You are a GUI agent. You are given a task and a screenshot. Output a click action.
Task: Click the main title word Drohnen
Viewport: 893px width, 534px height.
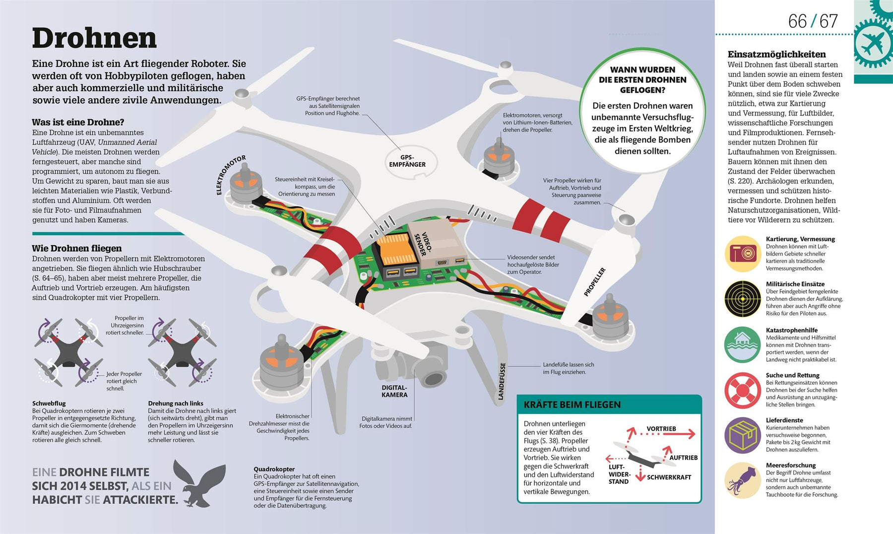pos(94,38)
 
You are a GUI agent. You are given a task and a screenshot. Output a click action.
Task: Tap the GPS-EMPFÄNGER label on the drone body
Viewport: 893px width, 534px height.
pos(407,161)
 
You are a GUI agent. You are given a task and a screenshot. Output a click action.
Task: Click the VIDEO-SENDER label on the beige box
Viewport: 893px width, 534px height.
pos(424,243)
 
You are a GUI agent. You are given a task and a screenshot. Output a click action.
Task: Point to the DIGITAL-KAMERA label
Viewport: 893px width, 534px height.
pos(394,391)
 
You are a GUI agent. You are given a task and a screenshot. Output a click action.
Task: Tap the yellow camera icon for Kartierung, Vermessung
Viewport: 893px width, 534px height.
pos(742,254)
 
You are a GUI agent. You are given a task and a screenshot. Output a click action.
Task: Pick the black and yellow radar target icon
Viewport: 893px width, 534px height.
pos(742,299)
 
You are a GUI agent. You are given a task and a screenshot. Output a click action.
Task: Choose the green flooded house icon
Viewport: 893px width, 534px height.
pos(742,344)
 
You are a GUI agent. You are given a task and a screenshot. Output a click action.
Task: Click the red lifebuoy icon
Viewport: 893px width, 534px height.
pos(742,390)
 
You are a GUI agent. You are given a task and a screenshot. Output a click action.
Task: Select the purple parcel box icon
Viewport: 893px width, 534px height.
pos(742,435)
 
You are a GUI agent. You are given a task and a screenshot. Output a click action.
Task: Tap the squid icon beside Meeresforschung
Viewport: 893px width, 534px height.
pos(742,480)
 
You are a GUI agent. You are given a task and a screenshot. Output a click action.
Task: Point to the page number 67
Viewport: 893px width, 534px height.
pos(828,21)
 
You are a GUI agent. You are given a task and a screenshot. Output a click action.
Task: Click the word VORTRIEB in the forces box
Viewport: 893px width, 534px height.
pos(661,429)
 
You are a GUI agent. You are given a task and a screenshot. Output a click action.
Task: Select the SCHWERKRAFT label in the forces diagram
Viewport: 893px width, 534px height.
pos(669,477)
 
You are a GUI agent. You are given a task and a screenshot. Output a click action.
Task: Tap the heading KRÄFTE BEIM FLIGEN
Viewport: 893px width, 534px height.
pos(572,404)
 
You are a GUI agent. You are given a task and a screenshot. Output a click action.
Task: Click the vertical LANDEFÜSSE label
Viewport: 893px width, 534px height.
pos(502,381)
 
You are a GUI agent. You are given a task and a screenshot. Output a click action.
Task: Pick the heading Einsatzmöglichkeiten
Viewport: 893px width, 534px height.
pos(776,55)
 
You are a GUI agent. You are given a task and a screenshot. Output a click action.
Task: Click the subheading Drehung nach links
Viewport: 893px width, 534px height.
pos(176,403)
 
